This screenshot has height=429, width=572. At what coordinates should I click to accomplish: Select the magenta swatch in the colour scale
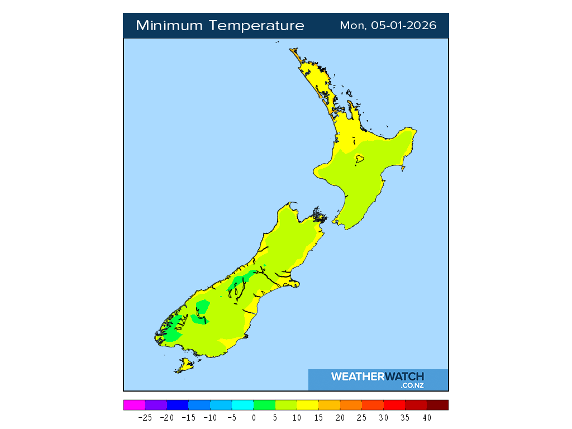click(x=134, y=405)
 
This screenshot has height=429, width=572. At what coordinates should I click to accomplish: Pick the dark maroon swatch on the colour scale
click(x=437, y=405)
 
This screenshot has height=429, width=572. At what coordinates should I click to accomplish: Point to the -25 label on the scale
click(x=145, y=417)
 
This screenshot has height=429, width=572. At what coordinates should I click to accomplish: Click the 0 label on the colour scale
click(x=254, y=417)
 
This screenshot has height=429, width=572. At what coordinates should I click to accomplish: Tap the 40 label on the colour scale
click(x=427, y=417)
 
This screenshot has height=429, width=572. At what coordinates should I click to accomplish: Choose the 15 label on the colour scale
click(x=318, y=417)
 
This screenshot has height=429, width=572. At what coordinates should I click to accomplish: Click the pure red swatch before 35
click(x=394, y=405)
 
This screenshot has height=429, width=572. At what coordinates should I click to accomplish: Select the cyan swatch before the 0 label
click(x=242, y=405)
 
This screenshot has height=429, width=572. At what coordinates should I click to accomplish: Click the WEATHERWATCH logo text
click(x=378, y=376)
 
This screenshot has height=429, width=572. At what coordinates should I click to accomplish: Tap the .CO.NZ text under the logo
click(x=412, y=385)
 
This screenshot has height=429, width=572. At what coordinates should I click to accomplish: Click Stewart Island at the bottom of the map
click(x=185, y=366)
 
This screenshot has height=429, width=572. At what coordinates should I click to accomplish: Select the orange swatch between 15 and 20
click(x=329, y=405)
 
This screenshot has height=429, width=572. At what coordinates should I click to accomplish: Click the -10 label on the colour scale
click(x=210, y=417)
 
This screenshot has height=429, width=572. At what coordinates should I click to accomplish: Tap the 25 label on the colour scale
click(x=362, y=417)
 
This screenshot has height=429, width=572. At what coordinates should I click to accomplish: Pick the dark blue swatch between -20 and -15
click(x=178, y=405)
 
